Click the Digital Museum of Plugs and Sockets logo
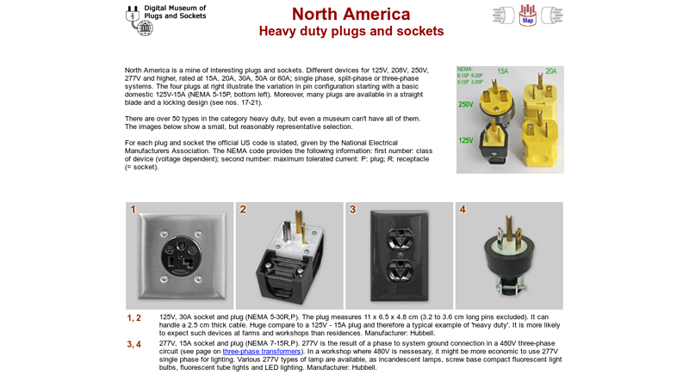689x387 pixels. pyautogui.click(x=165, y=19)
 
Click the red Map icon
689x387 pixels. pyautogui.click(x=528, y=15)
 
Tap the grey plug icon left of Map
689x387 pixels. pyautogui.click(x=503, y=15)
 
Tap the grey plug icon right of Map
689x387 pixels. pyautogui.click(x=551, y=15)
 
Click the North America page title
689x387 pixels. pyautogui.click(x=351, y=14)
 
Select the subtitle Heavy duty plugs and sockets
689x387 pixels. pyautogui.click(x=351, y=32)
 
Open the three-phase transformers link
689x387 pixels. pyautogui.click(x=262, y=352)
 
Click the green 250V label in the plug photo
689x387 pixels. pyautogui.click(x=466, y=104)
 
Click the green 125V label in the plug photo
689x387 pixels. pyautogui.click(x=466, y=140)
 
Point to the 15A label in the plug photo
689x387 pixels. pyautogui.click(x=502, y=71)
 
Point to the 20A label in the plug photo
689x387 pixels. pyautogui.click(x=550, y=71)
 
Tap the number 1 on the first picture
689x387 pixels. pyautogui.click(x=133, y=210)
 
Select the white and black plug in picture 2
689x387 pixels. pyautogui.click(x=289, y=258)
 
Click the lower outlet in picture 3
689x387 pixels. pyautogui.click(x=399, y=273)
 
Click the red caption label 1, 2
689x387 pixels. pyautogui.click(x=134, y=318)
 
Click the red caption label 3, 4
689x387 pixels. pyautogui.click(x=134, y=345)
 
